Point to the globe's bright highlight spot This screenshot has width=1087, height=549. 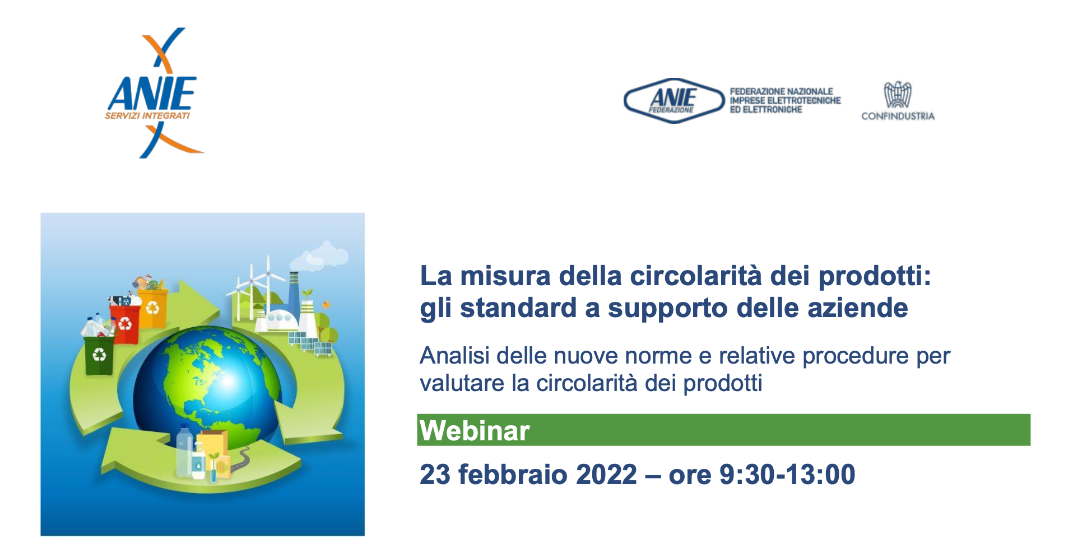tap(227, 381)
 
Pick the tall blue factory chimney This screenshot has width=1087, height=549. tap(294, 291)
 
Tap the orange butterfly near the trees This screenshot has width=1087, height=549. tap(326, 304)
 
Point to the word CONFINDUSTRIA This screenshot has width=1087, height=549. tap(898, 117)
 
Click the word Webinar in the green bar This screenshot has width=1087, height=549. tap(475, 431)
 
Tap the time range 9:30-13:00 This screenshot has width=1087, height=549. tap(787, 474)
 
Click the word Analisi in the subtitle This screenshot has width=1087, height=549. tap(454, 356)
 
